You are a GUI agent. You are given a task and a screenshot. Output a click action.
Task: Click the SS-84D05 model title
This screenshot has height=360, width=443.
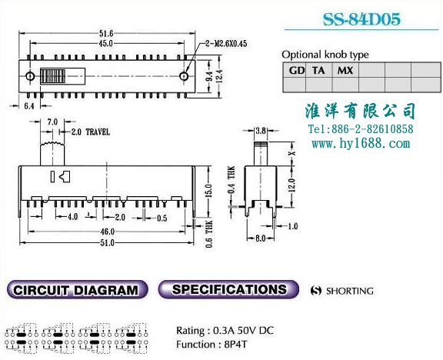[x=361, y=19]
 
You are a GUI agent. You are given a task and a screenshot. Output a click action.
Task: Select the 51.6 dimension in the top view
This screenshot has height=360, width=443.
[x=106, y=34]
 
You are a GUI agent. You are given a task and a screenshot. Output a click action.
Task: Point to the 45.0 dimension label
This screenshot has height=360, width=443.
[x=106, y=43]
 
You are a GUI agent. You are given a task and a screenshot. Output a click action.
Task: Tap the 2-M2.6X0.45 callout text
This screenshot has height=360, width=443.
[x=226, y=44]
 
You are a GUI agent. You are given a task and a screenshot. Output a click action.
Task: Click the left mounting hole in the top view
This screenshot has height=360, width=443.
[x=30, y=76]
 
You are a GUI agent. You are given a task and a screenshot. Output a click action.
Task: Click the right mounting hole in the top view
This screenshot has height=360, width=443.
[x=184, y=76]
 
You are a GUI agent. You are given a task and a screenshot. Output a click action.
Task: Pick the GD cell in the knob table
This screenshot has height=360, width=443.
[x=297, y=70]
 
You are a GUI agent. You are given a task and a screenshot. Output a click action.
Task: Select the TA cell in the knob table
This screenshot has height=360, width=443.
[x=318, y=70]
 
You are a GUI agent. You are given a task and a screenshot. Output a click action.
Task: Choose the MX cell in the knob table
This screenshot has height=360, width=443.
[x=345, y=70]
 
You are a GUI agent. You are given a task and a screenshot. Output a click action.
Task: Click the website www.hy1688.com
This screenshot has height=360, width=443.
[x=361, y=144]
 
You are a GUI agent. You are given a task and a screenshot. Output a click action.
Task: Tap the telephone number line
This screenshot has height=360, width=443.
[x=361, y=129]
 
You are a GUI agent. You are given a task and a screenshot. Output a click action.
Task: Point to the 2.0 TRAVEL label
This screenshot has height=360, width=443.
[x=90, y=132]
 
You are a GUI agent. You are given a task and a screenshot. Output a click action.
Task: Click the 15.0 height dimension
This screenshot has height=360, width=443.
[x=208, y=191]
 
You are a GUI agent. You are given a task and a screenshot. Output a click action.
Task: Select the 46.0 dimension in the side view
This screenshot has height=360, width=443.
[x=108, y=232]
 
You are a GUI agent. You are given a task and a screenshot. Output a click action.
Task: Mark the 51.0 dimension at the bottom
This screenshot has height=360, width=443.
[x=108, y=243]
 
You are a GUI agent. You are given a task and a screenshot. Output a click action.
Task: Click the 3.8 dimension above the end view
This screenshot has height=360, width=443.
[x=261, y=131]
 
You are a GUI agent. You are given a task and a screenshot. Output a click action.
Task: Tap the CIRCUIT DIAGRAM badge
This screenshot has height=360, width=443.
[x=77, y=290]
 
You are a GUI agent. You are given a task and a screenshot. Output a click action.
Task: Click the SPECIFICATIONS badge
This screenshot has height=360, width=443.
[x=228, y=289]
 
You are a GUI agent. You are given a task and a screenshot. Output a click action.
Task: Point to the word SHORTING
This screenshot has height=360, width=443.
[x=350, y=291]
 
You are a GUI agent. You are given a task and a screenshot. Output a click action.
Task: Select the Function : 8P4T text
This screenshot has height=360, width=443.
[x=212, y=345]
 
